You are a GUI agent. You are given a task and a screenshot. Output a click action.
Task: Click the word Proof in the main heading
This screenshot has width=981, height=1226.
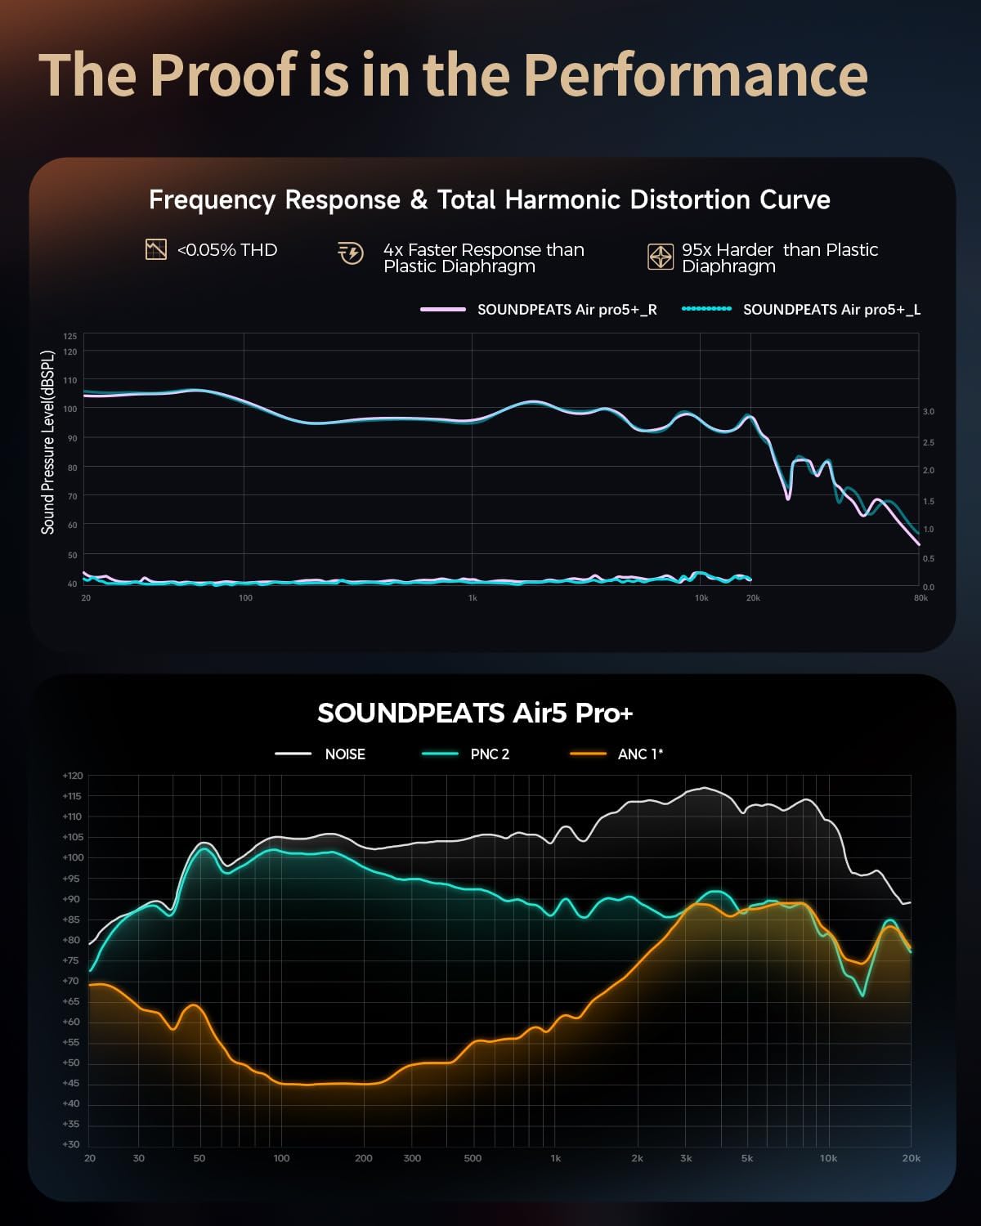[x=222, y=75]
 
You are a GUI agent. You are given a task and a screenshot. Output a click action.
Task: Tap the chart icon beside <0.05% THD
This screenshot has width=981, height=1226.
[x=155, y=250]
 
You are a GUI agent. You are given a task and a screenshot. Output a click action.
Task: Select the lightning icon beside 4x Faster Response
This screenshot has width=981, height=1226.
[x=351, y=253]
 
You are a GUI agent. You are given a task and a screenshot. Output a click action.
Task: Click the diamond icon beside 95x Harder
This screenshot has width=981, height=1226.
[x=660, y=257]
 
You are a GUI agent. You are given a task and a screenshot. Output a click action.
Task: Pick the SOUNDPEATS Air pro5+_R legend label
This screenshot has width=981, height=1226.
[x=567, y=310]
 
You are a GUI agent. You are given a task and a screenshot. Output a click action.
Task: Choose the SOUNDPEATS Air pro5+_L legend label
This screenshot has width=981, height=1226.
[x=831, y=310]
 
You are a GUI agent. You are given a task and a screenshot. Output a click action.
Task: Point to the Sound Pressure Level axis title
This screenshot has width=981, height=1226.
[x=48, y=442]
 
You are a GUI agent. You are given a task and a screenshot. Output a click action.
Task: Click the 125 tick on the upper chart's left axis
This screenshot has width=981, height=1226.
[x=70, y=337]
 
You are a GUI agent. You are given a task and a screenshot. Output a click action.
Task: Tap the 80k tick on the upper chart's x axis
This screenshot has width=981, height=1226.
[x=921, y=598]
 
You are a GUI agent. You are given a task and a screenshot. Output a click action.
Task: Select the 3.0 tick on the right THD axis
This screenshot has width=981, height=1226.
[x=929, y=412]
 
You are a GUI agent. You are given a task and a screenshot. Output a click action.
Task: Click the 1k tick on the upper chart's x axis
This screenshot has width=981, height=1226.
[x=473, y=598]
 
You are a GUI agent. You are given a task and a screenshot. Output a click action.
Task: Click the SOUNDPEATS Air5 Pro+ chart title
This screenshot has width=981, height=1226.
[x=475, y=713]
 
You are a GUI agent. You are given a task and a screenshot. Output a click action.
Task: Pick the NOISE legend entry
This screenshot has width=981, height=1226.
[x=344, y=754]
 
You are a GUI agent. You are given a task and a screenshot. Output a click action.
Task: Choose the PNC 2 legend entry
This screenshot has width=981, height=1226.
[x=489, y=754]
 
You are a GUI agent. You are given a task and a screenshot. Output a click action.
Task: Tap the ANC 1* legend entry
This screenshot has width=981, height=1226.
[x=639, y=754]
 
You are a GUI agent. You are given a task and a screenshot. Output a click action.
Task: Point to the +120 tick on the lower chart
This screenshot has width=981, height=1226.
[x=72, y=776]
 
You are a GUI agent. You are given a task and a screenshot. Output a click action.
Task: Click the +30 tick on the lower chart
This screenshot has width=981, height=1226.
[x=72, y=1144]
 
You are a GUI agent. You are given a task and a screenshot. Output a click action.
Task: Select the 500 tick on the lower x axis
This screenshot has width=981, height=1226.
[x=473, y=1158]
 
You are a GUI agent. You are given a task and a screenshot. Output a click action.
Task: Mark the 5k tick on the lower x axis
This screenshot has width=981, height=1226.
[x=747, y=1158]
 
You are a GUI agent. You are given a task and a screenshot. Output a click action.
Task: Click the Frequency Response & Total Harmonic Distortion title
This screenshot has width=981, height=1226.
[x=489, y=200]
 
